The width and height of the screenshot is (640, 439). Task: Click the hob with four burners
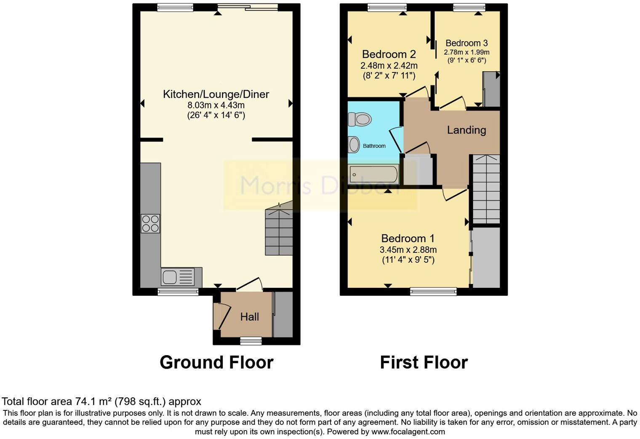[x=150, y=223]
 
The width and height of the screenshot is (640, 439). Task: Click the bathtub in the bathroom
[x=374, y=174]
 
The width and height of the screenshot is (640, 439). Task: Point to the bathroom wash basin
[x=354, y=145]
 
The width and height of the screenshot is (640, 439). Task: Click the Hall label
[x=249, y=317]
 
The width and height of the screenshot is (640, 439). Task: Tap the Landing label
[x=466, y=130]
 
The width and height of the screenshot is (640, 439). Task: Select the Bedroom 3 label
[x=467, y=43]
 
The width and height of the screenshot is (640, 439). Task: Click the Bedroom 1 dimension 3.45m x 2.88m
[x=408, y=249]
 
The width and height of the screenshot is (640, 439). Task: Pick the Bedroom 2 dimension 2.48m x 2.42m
[x=389, y=66]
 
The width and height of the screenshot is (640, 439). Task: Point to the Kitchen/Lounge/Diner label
[x=216, y=94]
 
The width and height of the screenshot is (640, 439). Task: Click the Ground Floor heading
[x=216, y=362]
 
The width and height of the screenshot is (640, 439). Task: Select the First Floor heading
[x=424, y=362]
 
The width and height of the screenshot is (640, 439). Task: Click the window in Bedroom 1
[x=433, y=291]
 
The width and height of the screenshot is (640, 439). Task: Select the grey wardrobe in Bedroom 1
[x=486, y=257]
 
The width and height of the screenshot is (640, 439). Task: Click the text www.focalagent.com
[x=408, y=432]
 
